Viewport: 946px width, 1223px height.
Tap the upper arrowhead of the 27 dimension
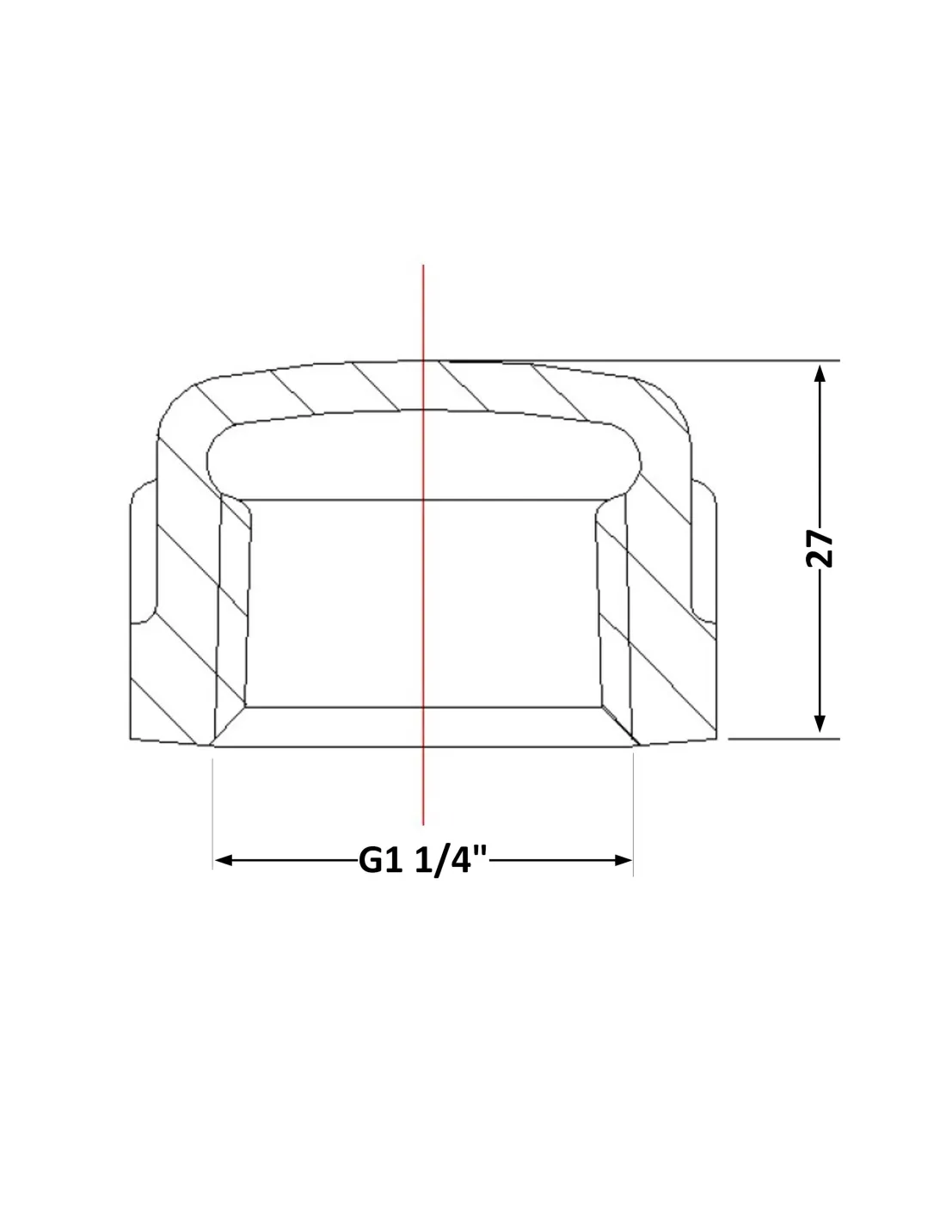click(x=820, y=374)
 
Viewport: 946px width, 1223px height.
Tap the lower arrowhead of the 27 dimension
click(x=820, y=723)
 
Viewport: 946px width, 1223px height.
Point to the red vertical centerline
click(x=422, y=544)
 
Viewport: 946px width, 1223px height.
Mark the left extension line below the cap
click(x=212, y=814)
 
